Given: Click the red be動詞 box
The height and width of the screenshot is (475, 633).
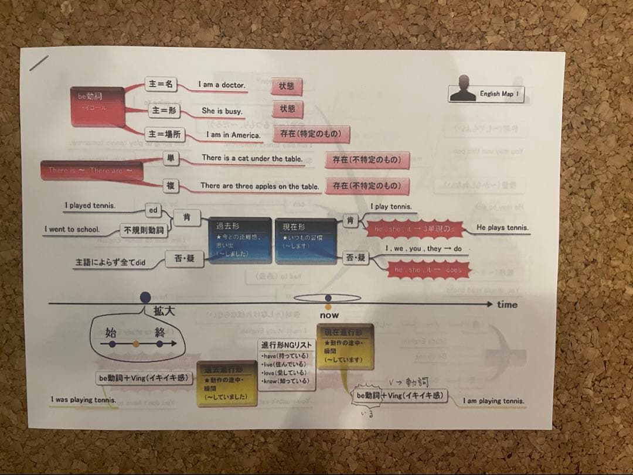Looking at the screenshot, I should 97,105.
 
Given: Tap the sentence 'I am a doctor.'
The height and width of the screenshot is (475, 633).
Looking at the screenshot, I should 222,85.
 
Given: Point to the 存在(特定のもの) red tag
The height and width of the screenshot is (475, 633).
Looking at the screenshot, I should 311,134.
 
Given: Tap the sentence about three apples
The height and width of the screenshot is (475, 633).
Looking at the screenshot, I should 260,186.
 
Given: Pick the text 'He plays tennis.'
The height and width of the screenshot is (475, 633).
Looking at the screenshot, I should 502,228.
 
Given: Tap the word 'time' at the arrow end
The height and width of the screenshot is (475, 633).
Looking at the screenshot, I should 507,305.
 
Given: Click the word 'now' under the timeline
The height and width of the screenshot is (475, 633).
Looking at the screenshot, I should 329,316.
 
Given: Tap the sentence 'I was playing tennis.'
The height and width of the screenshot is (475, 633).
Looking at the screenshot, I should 83,400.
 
